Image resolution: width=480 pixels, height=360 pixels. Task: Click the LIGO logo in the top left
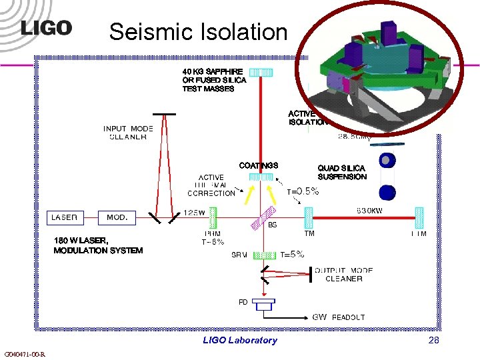46,28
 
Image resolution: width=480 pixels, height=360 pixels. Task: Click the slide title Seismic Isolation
198,31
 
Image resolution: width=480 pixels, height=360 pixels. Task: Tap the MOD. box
117,217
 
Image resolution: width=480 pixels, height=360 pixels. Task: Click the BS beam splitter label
272,225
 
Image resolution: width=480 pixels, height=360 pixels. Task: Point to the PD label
243,302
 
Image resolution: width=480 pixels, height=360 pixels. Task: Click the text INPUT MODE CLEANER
128,133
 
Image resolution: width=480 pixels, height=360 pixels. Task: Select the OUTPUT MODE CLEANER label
343,274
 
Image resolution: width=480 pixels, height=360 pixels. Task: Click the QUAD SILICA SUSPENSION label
342,173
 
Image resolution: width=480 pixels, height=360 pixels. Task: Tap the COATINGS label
259,165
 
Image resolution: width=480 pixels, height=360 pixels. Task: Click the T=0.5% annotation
303,191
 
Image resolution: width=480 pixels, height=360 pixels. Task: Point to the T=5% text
292,254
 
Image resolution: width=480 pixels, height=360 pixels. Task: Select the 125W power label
195,212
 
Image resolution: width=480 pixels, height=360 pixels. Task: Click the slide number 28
433,340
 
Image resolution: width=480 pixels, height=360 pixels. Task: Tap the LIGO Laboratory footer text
240,340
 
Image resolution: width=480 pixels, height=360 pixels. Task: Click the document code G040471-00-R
24,354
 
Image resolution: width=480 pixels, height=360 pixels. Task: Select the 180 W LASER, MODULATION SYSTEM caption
98,245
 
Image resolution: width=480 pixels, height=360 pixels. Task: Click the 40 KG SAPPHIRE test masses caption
214,79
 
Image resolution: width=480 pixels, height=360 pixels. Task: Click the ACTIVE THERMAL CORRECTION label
211,185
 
